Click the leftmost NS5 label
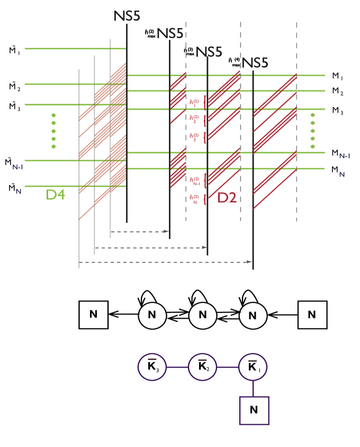point(127,16)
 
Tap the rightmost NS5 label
point(255,63)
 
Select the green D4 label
point(55,195)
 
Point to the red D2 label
point(227,198)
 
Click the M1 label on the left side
point(14,50)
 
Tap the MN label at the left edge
point(15,187)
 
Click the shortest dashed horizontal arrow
point(140,231)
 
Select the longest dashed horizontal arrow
point(166,262)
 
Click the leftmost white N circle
point(152,316)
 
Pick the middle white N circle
point(203,316)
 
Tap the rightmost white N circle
point(253,316)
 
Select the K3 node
point(152,367)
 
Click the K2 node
point(203,367)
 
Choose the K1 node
point(253,367)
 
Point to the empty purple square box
point(254,410)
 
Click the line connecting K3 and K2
point(177,367)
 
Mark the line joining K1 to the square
point(254,388)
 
